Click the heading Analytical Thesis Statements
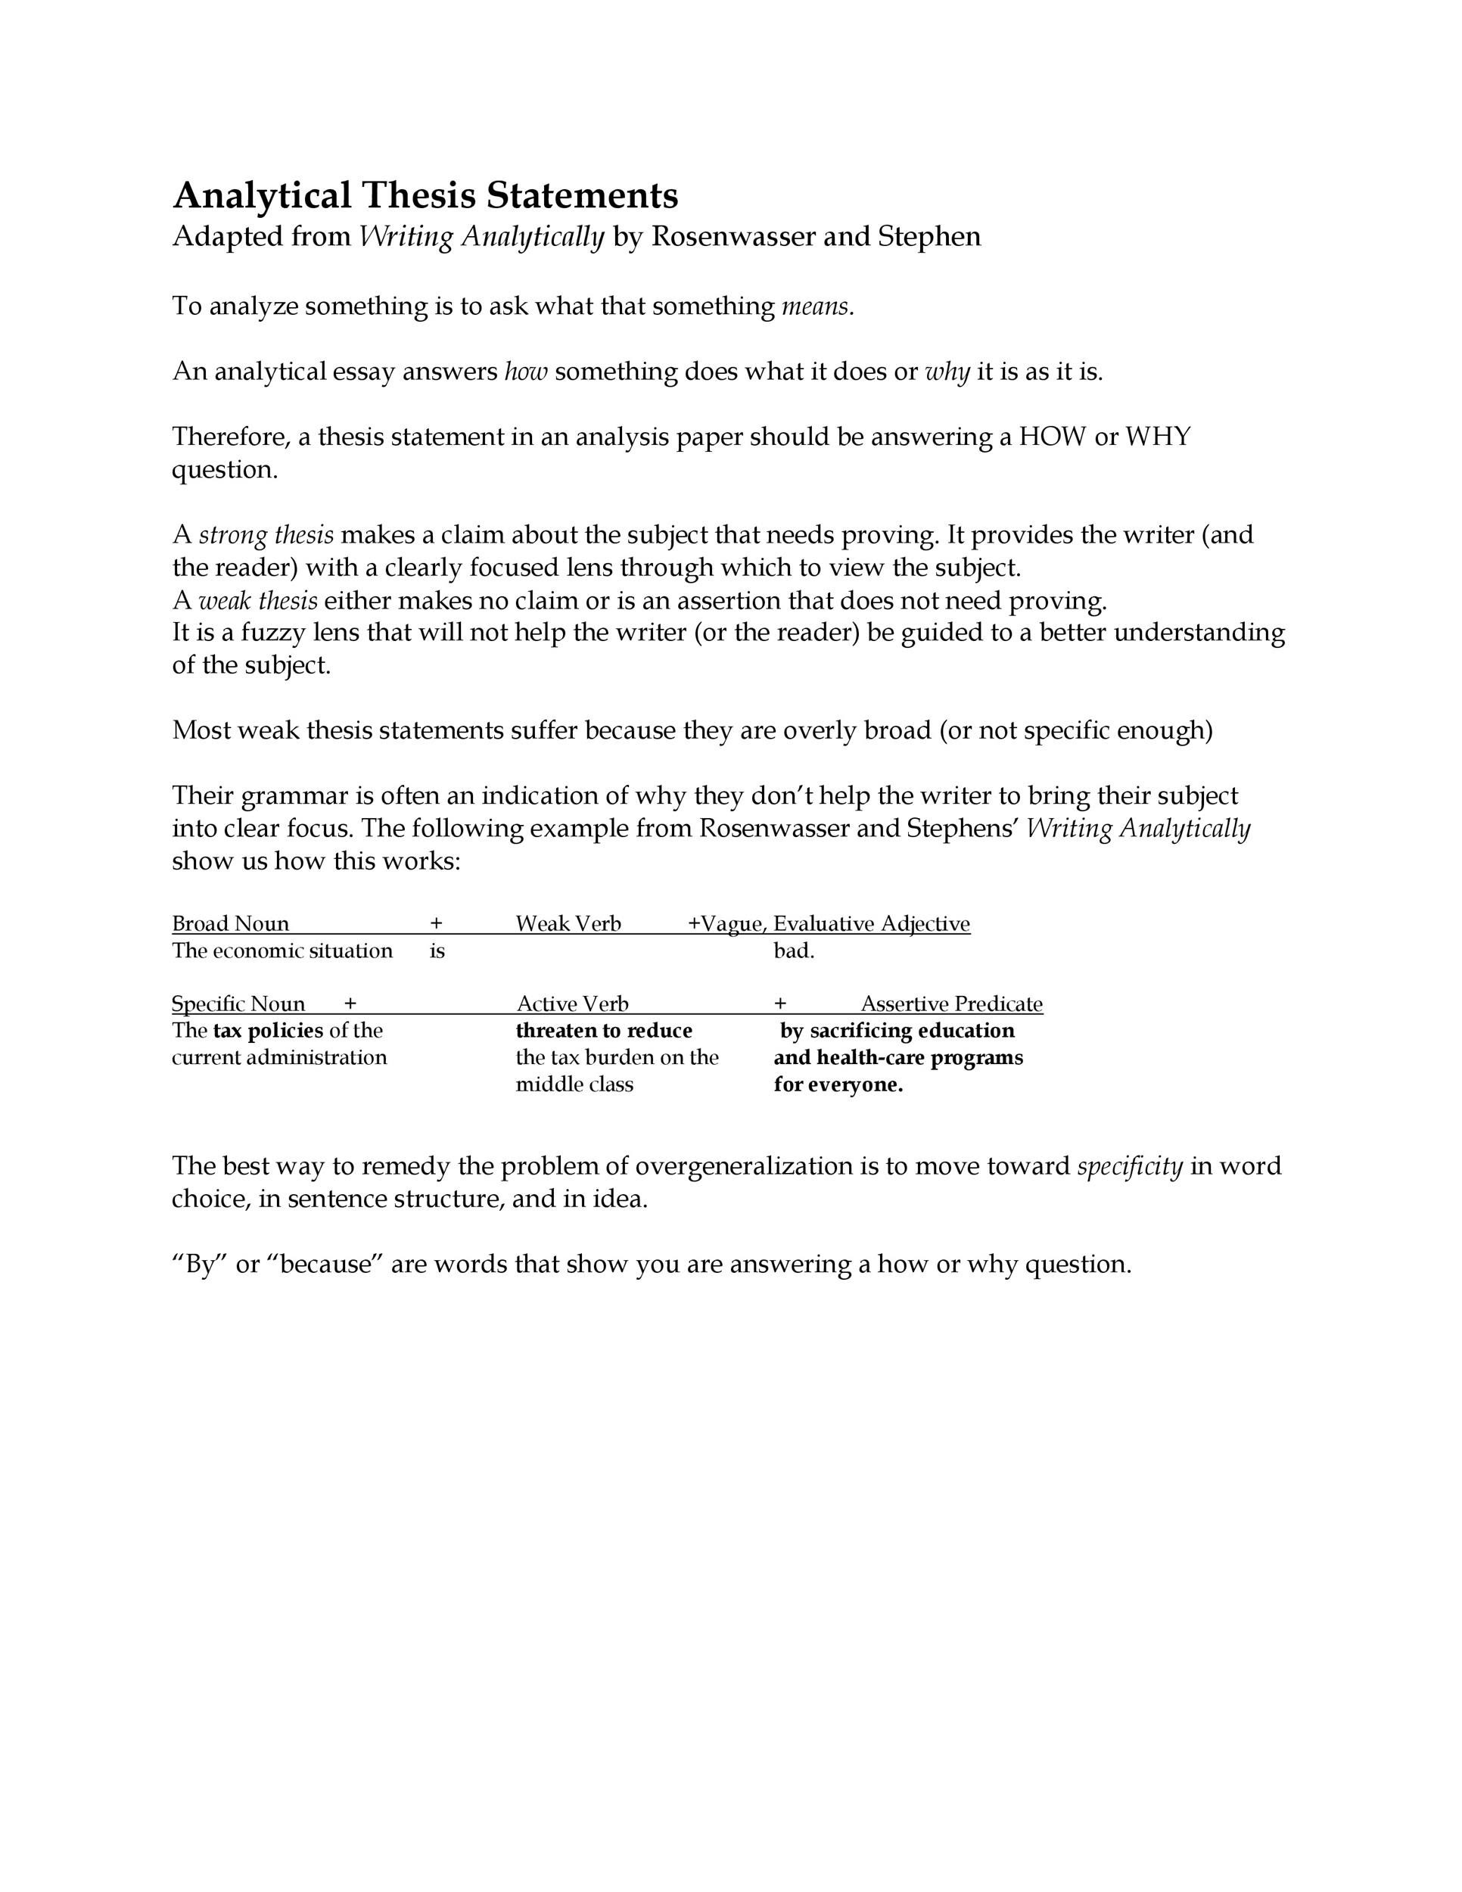click(x=425, y=196)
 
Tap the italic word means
click(x=817, y=307)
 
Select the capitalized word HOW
click(x=1051, y=437)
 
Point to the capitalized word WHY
click(x=1157, y=437)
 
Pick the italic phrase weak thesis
click(x=257, y=600)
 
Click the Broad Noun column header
click(x=230, y=923)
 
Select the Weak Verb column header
click(x=568, y=923)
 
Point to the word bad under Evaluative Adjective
click(x=793, y=951)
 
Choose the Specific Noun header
click(x=238, y=1004)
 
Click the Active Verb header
click(x=571, y=1004)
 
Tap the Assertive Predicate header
click(x=951, y=1004)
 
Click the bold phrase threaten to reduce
click(x=604, y=1031)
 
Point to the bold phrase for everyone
click(x=838, y=1085)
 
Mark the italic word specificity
click(x=1129, y=1167)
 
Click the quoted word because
click(x=331, y=1265)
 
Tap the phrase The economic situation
click(x=282, y=951)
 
